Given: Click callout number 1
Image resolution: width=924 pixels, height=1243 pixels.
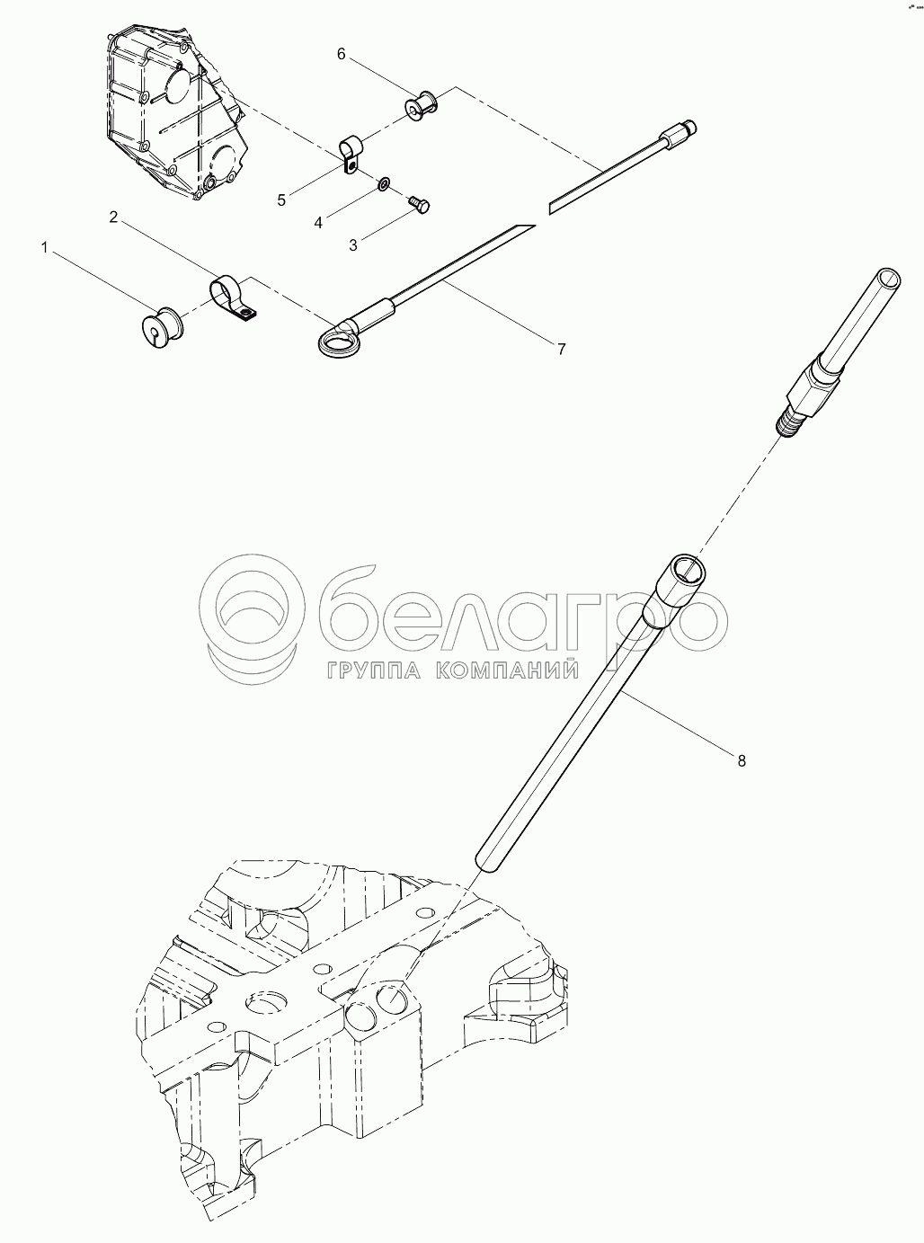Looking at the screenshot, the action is point(46,248).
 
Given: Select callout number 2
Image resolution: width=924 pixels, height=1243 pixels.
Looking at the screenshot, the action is point(114,218).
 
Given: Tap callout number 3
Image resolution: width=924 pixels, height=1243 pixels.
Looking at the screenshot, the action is point(353,245).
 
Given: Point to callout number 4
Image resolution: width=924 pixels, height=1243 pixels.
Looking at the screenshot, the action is point(318,223).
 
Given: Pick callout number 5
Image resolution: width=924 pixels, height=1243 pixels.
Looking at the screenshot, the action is point(281,200).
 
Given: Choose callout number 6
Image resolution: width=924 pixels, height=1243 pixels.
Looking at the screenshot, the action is point(341,54).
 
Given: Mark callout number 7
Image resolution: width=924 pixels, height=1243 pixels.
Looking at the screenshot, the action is point(561,349).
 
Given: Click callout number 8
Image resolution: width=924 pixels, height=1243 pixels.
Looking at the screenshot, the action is point(742,760).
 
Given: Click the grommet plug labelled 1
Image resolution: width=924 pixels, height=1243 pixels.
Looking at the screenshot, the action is point(161,327).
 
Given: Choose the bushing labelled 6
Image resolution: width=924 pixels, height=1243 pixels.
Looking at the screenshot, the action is point(421,107).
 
